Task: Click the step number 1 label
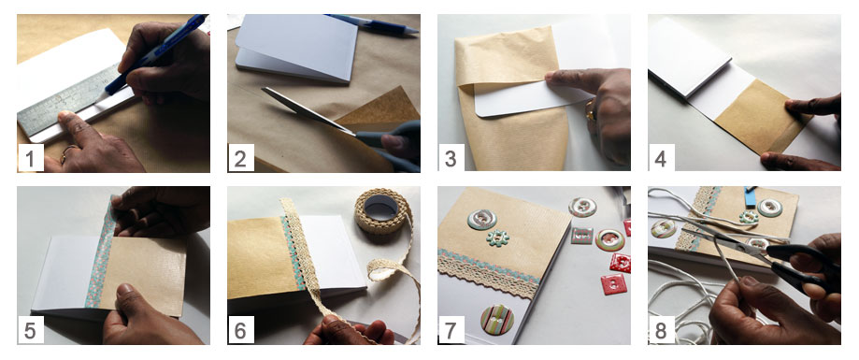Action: tap(30, 158)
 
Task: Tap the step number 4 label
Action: tap(661, 158)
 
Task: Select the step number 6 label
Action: tap(240, 330)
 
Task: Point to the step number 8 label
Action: tap(661, 330)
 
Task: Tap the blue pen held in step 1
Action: tap(155, 53)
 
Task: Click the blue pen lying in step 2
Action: tap(374, 23)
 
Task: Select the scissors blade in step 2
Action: tap(307, 110)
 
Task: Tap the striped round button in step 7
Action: tap(497, 320)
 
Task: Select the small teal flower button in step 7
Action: tap(497, 238)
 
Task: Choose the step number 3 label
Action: tap(451, 158)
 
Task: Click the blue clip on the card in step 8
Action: tap(750, 196)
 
